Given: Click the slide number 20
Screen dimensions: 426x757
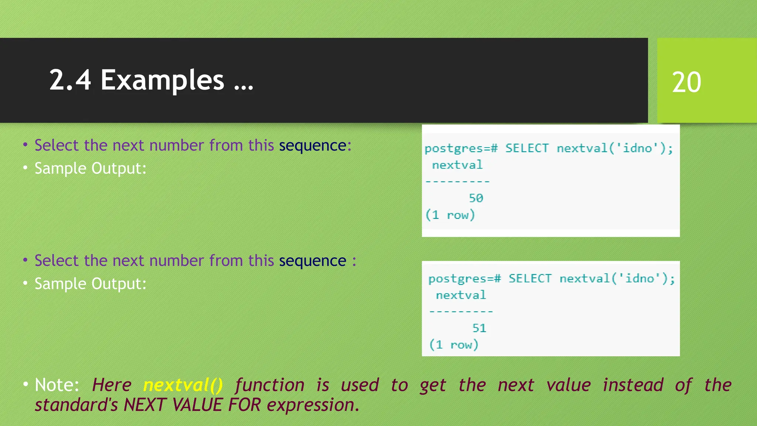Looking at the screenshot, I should [686, 82].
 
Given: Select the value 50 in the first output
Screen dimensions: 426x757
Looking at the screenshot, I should [476, 198].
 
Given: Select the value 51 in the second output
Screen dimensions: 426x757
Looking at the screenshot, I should [479, 328].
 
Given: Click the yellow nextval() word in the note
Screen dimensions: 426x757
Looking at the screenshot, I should [183, 385].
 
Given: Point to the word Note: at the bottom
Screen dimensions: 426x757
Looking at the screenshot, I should [57, 385].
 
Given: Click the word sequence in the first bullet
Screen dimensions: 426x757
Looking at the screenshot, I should [312, 145].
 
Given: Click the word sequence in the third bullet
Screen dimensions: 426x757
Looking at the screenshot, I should [312, 261].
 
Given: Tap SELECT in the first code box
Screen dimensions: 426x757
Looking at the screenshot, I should [527, 148].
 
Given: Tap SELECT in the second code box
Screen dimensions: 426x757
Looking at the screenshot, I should [530, 278].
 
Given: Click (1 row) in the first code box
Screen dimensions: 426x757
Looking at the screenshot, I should [450, 215].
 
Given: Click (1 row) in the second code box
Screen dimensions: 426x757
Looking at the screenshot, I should [454, 345].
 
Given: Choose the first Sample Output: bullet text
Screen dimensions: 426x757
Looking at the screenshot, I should [90, 169].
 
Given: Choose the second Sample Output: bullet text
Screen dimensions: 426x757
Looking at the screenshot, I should [90, 284].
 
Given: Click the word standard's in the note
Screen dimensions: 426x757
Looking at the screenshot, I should [76, 405].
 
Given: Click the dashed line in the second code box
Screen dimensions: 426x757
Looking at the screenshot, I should [461, 312].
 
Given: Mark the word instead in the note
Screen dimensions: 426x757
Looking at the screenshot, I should [633, 385].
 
